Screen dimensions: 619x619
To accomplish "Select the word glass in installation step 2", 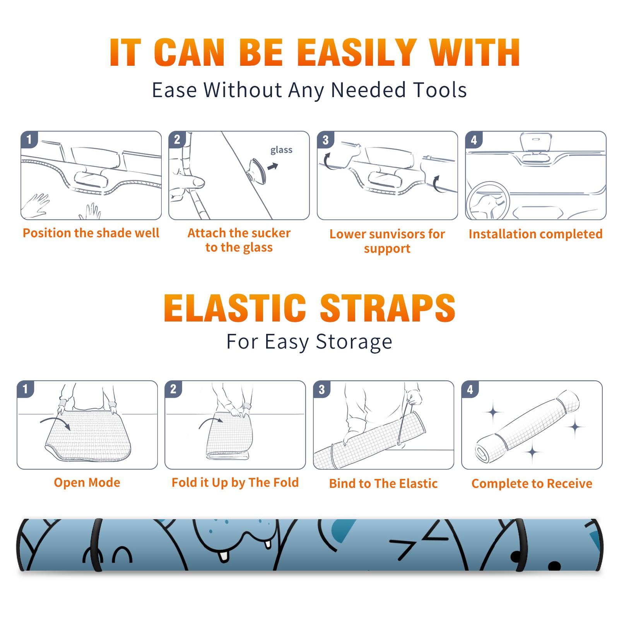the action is tap(281, 150).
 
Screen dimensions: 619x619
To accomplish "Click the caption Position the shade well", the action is tap(91, 233).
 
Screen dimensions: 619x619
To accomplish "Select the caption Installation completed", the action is tap(535, 234).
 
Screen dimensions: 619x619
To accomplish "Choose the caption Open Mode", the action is tap(87, 482).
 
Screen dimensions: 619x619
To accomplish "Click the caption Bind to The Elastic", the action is tap(383, 484).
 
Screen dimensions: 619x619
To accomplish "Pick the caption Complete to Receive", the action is tap(532, 484).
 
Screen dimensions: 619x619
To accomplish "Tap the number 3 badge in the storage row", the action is tap(321, 390).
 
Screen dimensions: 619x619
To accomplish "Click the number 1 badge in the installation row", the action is tap(29, 139).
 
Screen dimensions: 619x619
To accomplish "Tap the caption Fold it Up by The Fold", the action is tap(235, 482).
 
